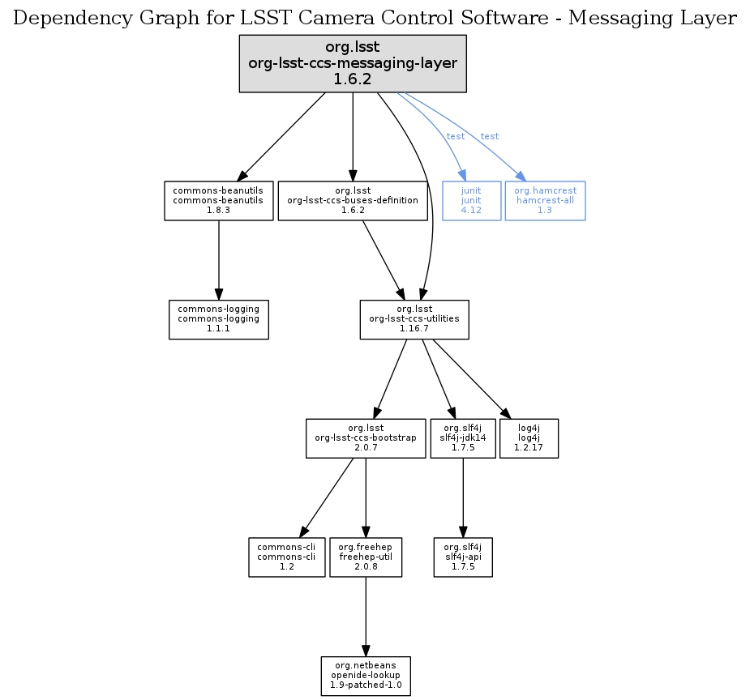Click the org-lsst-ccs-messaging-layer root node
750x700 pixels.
tap(352, 63)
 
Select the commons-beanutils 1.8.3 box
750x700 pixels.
tap(219, 200)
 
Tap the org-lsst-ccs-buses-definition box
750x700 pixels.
tap(353, 200)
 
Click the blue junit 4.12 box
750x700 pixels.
tap(471, 200)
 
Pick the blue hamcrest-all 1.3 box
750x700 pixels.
tap(545, 200)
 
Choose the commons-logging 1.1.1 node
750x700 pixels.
tap(219, 319)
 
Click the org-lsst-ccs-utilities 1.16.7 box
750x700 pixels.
tap(414, 319)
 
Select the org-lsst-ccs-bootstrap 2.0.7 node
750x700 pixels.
tap(366, 438)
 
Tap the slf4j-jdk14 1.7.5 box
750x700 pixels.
tap(462, 438)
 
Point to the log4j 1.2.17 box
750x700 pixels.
tap(529, 438)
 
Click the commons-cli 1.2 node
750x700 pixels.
tap(287, 557)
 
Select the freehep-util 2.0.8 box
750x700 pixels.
tap(366, 557)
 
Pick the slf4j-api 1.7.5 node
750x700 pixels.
tap(462, 557)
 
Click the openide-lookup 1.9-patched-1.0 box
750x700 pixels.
tap(366, 676)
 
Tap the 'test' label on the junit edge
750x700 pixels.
tap(456, 136)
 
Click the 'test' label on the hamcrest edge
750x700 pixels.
tap(490, 136)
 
